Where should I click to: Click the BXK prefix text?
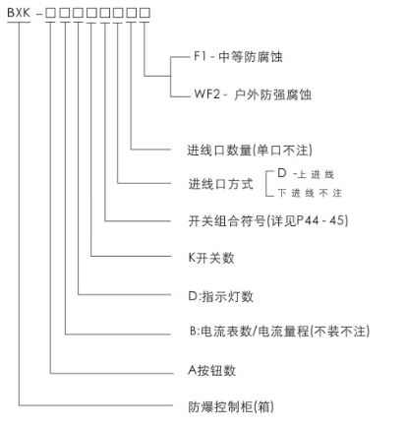click(x=19, y=13)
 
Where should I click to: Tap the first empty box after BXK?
click(x=50, y=13)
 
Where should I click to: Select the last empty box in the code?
click(x=145, y=13)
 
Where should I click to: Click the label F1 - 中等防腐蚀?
click(x=238, y=57)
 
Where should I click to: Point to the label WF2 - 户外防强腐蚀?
click(x=253, y=94)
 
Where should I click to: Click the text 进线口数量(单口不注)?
click(x=250, y=151)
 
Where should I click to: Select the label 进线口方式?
click(x=220, y=184)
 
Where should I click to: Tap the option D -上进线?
click(x=306, y=174)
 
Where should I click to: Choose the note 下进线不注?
click(x=310, y=193)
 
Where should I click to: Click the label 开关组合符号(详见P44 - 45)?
click(x=268, y=220)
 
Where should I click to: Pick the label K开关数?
click(x=211, y=258)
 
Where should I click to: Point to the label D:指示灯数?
click(x=220, y=296)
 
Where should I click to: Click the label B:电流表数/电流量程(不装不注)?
click(x=279, y=332)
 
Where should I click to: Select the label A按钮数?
click(x=211, y=371)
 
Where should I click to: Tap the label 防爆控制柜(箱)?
click(x=231, y=407)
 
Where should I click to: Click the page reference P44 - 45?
click(x=321, y=220)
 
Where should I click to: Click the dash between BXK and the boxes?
click(x=39, y=14)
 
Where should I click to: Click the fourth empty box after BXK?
click(x=91, y=13)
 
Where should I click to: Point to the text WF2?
click(x=207, y=94)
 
